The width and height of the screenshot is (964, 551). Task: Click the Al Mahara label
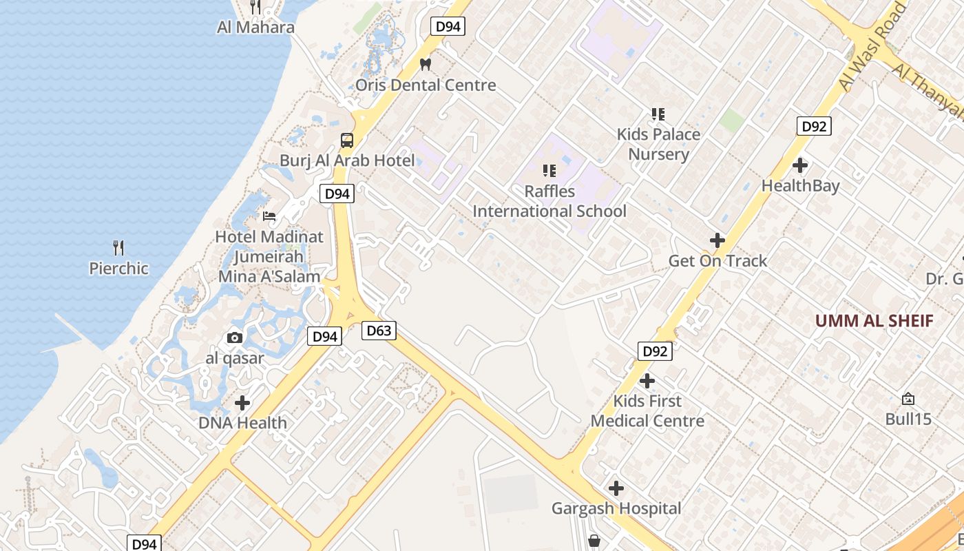[x=255, y=28]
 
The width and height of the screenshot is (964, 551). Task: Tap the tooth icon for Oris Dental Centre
[x=426, y=64]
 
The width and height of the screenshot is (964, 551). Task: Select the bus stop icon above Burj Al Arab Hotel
[x=347, y=141]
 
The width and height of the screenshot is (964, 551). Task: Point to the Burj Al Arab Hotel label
[x=347, y=160]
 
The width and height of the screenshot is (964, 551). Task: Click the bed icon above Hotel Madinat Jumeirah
[x=269, y=216]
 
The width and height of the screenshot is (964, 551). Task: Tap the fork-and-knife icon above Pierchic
[x=118, y=248]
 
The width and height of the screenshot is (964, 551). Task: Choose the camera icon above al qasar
[x=235, y=337]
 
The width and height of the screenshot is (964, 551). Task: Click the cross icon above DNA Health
[x=242, y=402]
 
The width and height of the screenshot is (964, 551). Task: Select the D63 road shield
[x=379, y=331]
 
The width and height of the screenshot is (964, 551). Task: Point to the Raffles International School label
[x=549, y=201]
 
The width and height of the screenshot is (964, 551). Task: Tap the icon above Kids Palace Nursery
[x=658, y=114]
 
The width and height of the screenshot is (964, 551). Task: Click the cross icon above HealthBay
[x=800, y=165]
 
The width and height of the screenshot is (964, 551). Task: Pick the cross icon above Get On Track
[x=717, y=240]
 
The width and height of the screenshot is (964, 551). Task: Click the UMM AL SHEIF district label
[x=874, y=320]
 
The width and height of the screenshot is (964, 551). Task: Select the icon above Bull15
[x=908, y=399]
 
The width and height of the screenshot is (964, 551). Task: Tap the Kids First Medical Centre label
[x=647, y=410]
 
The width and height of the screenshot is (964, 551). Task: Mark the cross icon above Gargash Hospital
[x=616, y=488]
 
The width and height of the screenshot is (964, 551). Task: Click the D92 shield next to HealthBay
[x=814, y=126]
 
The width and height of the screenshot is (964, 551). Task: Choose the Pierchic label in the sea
[x=118, y=268]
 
